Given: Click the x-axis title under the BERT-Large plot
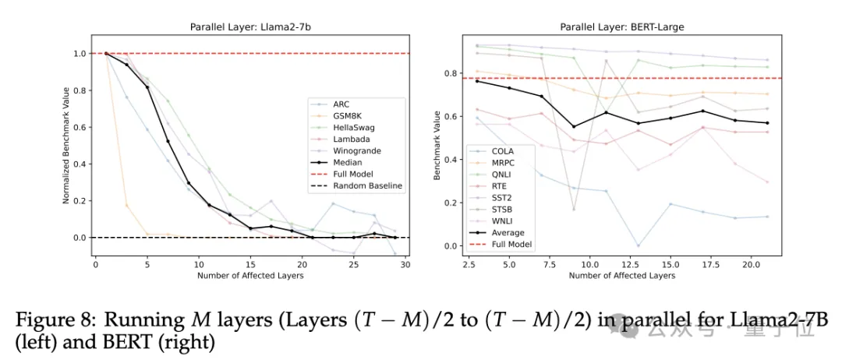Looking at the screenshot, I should (x=621, y=276).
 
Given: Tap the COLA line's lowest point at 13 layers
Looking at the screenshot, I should (x=637, y=245).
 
